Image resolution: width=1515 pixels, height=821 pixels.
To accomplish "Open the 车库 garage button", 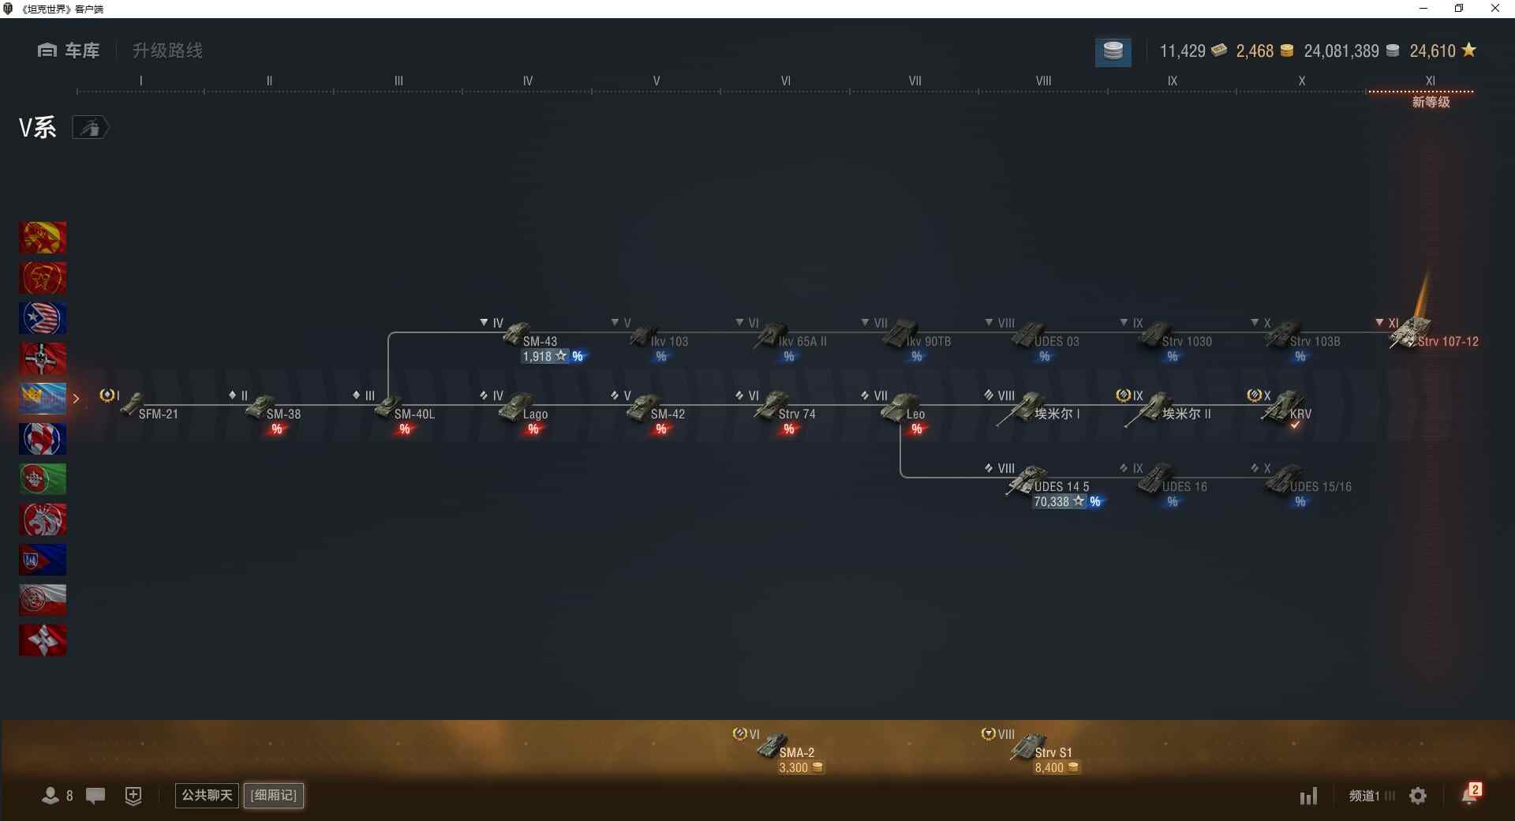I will [x=69, y=51].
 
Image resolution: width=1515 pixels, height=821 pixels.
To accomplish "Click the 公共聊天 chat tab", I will [x=207, y=795].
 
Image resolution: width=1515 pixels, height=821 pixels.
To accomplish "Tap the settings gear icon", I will [x=1418, y=796].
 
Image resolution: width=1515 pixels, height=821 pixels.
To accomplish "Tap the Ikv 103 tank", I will [x=659, y=338].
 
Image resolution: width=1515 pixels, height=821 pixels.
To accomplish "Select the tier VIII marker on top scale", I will [x=1043, y=81].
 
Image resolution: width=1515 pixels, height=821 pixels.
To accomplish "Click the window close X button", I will [x=1494, y=9].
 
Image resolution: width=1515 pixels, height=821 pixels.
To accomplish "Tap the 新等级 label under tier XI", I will [x=1431, y=103].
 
